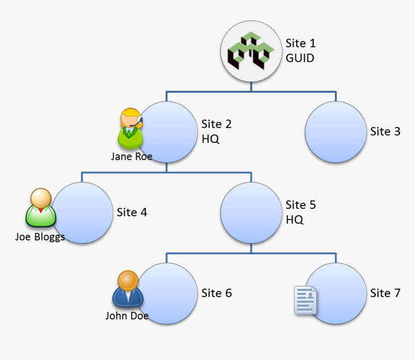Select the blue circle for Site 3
(336, 132)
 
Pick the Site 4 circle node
(83, 212)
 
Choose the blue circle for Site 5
(251, 212)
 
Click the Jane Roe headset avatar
(130, 128)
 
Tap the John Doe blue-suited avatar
(128, 289)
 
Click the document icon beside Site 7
(305, 300)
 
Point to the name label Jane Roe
(131, 156)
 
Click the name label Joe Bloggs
(40, 237)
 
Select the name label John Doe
(127, 316)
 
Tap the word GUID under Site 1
(300, 58)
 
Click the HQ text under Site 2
(210, 139)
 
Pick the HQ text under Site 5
(294, 220)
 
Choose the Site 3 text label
(385, 131)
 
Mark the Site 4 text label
(132, 212)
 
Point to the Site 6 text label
(217, 293)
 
